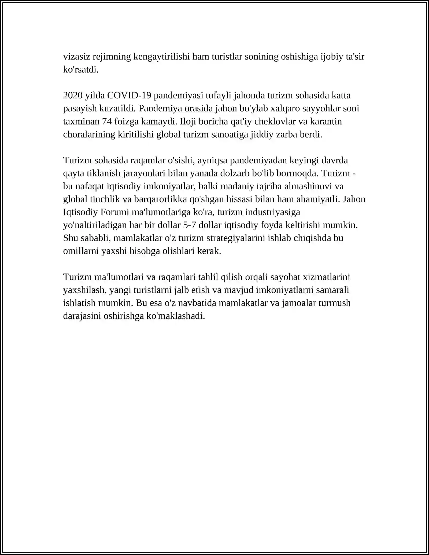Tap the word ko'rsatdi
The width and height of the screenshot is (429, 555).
pyautogui.click(x=81, y=69)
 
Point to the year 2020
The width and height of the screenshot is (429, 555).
pyautogui.click(x=73, y=95)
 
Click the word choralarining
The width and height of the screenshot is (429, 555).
pyautogui.click(x=89, y=134)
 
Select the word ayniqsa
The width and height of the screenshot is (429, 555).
pyautogui.click(x=213, y=160)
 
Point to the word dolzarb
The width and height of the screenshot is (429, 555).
pyautogui.click(x=235, y=173)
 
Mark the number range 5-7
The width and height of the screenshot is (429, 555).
pyautogui.click(x=189, y=225)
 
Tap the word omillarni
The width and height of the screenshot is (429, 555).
pyautogui.click(x=81, y=251)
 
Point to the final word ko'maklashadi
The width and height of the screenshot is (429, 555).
pyautogui.click(x=176, y=316)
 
